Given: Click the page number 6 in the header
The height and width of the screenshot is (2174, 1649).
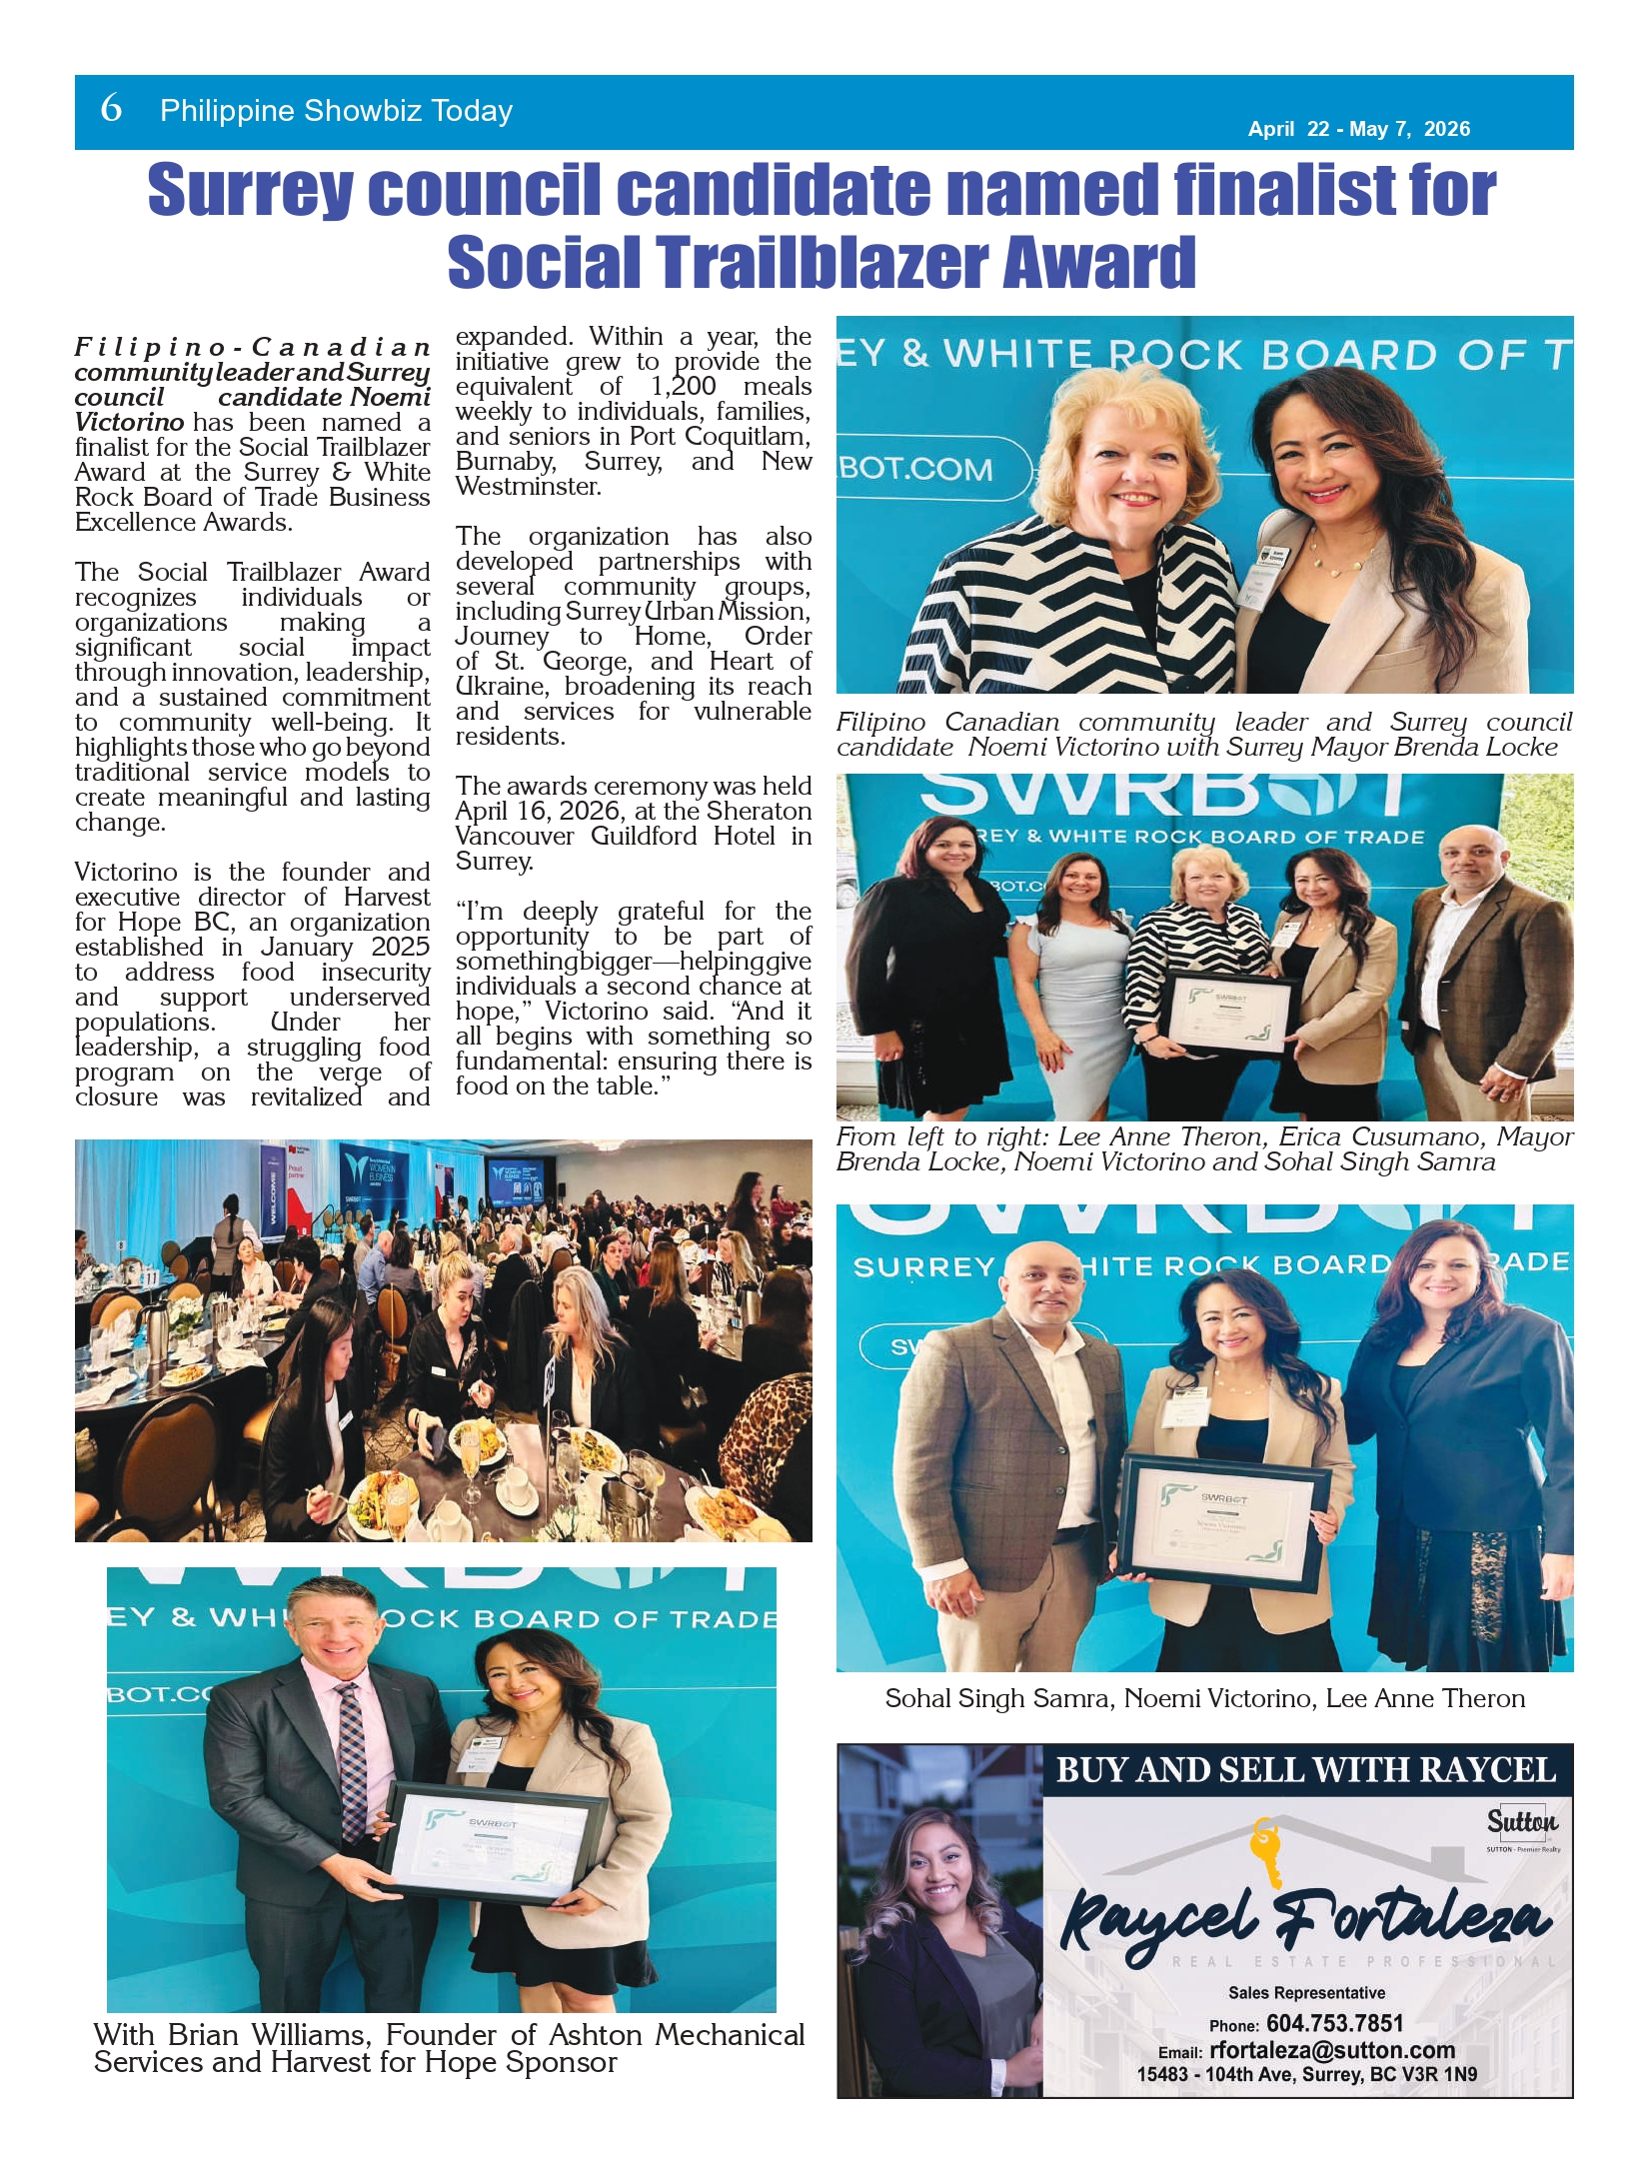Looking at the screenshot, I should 111,108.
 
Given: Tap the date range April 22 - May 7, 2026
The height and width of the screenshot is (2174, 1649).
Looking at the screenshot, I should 1358,129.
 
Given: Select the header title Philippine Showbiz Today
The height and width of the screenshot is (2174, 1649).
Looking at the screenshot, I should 336,110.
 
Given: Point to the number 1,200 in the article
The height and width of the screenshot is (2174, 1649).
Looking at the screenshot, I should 684,387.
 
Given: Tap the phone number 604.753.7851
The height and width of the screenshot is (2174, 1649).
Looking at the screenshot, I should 1334,2024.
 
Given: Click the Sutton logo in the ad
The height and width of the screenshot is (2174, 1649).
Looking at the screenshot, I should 1521,1822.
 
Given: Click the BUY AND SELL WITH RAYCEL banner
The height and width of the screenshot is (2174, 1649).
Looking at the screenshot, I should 1306,1771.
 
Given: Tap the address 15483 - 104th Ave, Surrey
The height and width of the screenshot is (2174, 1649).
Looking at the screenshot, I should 1306,2074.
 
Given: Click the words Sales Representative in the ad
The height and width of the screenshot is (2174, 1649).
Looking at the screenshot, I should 1306,1992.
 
